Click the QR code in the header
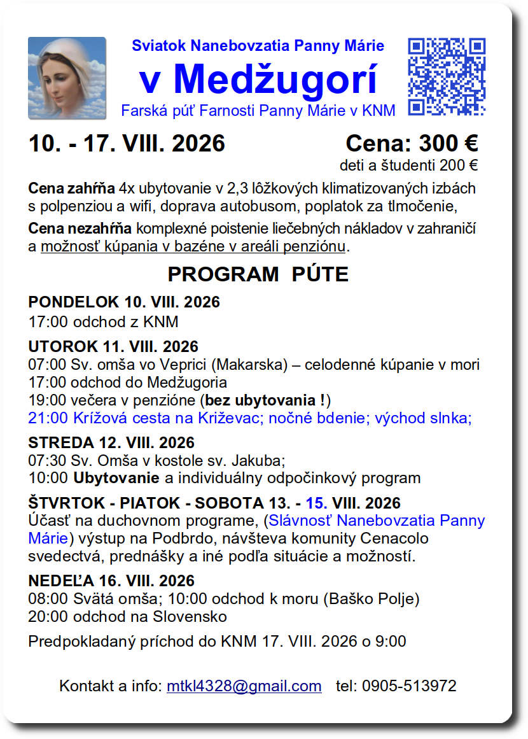pos(447,77)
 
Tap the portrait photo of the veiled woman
pos(67,78)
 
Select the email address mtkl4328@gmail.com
pos(244,686)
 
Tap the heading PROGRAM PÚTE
pos(258,274)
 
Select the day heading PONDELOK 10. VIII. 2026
pos(124,302)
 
